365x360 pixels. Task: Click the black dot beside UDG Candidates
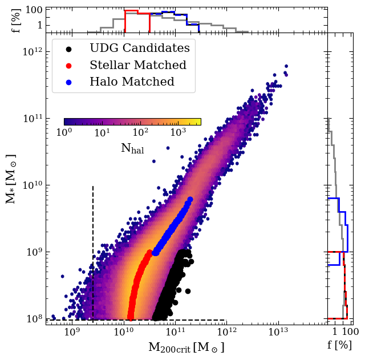coord(68,48)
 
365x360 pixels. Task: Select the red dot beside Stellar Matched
coord(68,65)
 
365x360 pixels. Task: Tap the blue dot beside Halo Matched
coord(68,82)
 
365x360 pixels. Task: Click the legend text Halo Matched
coord(132,82)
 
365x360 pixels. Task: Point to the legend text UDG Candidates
coord(140,48)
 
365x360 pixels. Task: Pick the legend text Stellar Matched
coord(138,65)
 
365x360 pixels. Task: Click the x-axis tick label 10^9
coord(71,331)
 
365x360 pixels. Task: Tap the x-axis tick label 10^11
coord(175,331)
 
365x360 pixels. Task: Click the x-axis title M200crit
coord(186,347)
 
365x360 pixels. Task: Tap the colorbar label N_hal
coord(132,149)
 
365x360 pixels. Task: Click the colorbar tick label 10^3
coord(179,133)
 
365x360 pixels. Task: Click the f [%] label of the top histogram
coord(17,19)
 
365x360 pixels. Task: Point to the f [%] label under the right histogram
coord(339,345)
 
